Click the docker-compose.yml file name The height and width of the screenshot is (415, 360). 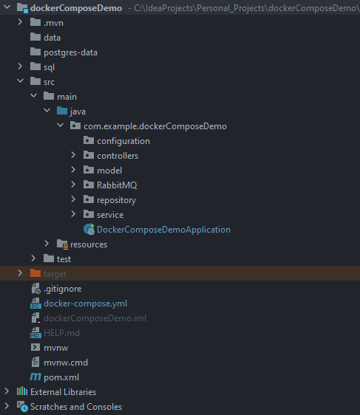[x=85, y=303]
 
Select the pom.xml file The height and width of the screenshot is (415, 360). [x=61, y=377]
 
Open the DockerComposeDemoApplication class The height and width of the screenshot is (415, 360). [x=163, y=230]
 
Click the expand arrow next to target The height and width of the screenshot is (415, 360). [x=20, y=273]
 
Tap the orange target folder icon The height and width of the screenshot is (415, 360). [x=35, y=273]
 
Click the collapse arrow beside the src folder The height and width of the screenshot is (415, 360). [x=20, y=81]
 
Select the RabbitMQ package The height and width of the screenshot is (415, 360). [x=117, y=185]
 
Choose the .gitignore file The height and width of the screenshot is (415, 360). [x=63, y=289]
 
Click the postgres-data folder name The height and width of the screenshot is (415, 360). [x=70, y=52]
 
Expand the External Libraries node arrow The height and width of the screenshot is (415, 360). [x=7, y=391]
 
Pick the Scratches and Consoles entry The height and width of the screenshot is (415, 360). [x=76, y=407]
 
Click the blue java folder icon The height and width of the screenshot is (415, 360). [x=62, y=111]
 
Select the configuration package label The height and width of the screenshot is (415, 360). [x=123, y=141]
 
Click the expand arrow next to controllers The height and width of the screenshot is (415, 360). [x=73, y=155]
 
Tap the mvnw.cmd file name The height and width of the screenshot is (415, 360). [x=66, y=363]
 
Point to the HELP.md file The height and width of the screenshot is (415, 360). [x=61, y=333]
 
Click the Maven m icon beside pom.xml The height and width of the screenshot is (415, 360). [x=35, y=377]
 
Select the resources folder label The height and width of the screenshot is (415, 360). [x=89, y=244]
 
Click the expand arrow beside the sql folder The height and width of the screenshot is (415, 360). [x=20, y=66]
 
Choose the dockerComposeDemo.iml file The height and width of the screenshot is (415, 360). [x=95, y=318]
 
